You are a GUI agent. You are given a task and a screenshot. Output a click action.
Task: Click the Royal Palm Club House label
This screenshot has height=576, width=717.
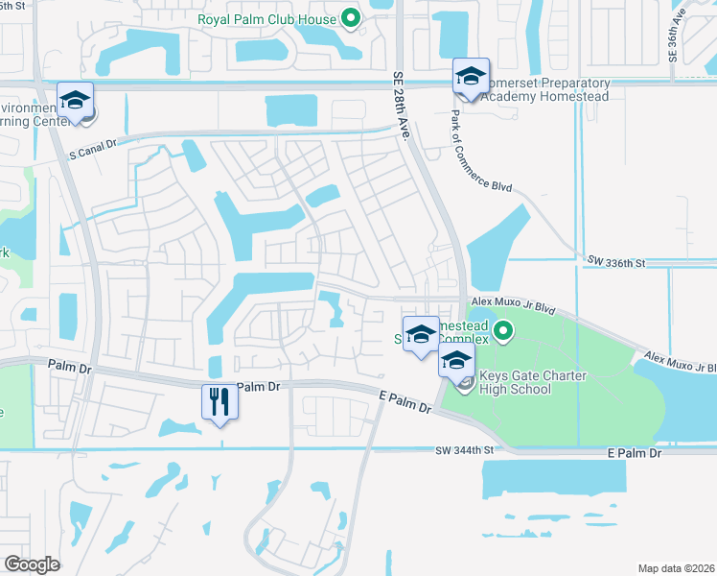(x=266, y=19)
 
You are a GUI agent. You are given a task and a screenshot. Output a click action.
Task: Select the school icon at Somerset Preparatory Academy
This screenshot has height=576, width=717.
(x=471, y=76)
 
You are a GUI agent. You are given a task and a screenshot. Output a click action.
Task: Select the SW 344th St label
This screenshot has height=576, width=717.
(x=469, y=450)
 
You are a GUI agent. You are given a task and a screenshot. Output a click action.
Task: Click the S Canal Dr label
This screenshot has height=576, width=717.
(x=92, y=143)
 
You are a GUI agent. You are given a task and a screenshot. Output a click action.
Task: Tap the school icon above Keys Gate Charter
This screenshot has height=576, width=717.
(x=456, y=362)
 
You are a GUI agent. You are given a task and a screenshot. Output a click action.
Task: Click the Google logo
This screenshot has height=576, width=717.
(x=32, y=564)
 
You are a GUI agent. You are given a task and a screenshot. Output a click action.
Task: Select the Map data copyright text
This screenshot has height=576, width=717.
(x=677, y=568)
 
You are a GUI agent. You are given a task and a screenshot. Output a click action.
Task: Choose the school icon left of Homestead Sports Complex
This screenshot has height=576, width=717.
(x=421, y=335)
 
